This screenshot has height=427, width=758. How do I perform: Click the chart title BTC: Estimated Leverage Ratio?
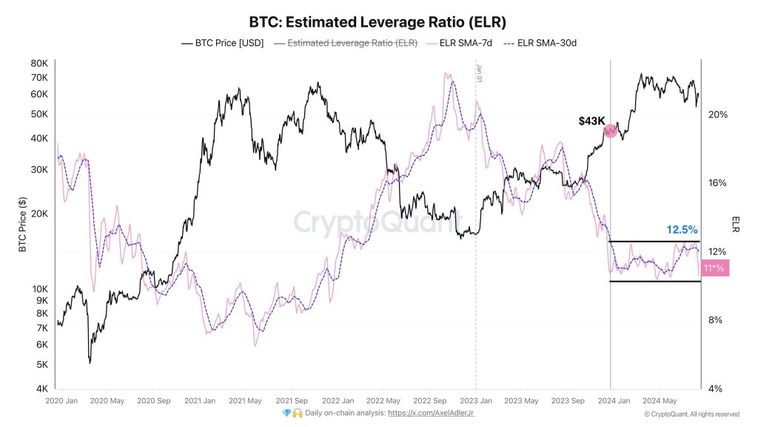(378, 21)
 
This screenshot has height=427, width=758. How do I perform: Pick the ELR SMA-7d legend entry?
(460, 43)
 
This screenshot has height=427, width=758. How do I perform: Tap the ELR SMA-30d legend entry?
(540, 43)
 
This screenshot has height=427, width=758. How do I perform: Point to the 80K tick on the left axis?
(38, 64)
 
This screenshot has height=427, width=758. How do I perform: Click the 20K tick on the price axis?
(38, 213)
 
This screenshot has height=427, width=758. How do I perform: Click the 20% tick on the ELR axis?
(717, 114)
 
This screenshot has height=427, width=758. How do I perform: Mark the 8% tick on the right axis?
(715, 320)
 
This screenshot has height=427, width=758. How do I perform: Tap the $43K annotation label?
(591, 120)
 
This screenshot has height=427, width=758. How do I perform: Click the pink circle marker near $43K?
(611, 131)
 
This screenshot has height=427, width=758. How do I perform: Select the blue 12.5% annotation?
(682, 230)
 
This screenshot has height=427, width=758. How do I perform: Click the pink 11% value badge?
(714, 268)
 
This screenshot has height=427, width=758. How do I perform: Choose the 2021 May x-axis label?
(245, 401)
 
